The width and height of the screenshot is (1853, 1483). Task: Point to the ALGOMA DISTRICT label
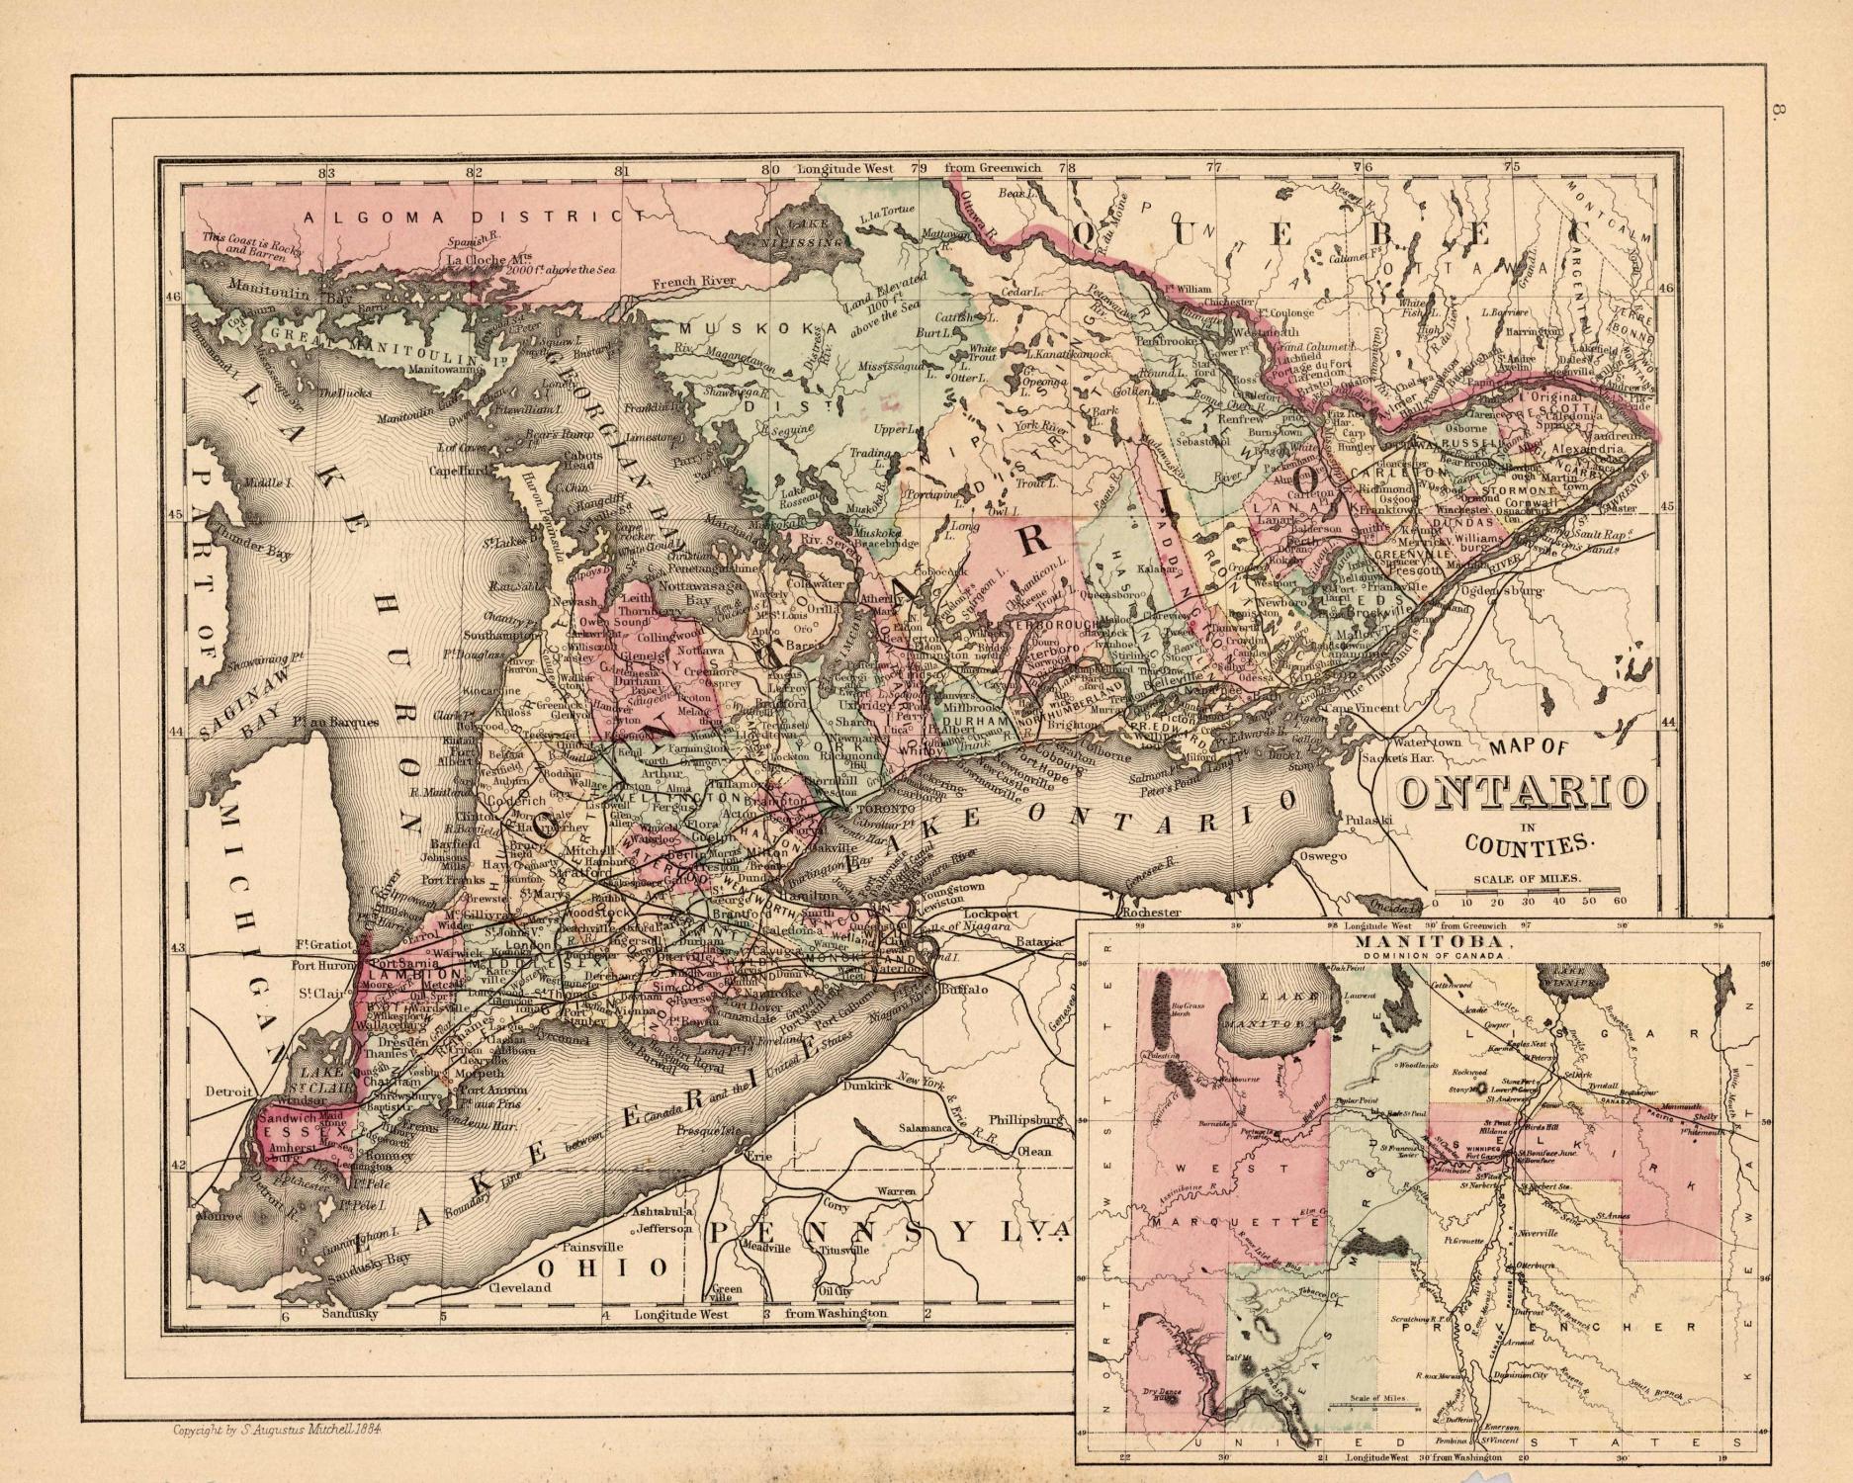(x=465, y=217)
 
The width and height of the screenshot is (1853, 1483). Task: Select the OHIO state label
(x=598, y=1267)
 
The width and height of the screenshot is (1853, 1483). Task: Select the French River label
(x=693, y=284)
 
